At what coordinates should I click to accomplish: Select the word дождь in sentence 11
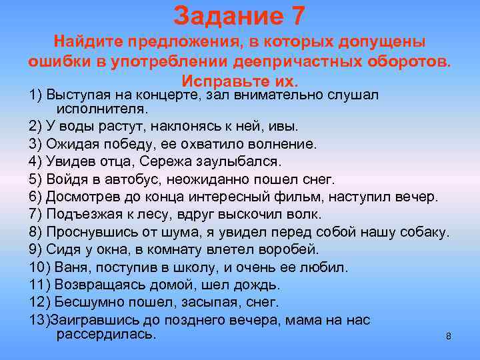(260, 285)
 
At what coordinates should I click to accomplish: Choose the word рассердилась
(107, 333)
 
